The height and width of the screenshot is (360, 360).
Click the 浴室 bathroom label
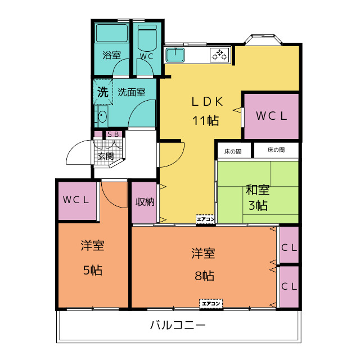click(111, 56)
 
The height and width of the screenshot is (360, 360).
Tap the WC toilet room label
click(146, 56)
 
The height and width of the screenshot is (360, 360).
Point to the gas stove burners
click(219, 55)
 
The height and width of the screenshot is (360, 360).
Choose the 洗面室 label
click(132, 92)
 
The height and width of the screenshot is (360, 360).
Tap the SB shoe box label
click(112, 134)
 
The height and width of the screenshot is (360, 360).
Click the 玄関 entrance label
click(105, 156)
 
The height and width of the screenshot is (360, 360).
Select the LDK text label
click(208, 102)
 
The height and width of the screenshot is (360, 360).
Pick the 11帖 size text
click(205, 120)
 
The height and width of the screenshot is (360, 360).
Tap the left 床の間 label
click(233, 151)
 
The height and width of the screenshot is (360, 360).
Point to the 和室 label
click(258, 190)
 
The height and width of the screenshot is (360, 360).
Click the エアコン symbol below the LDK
click(205, 219)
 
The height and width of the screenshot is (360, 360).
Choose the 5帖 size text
click(92, 271)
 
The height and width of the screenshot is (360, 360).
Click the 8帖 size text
click(204, 276)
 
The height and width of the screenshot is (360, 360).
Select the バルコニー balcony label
click(178, 325)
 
